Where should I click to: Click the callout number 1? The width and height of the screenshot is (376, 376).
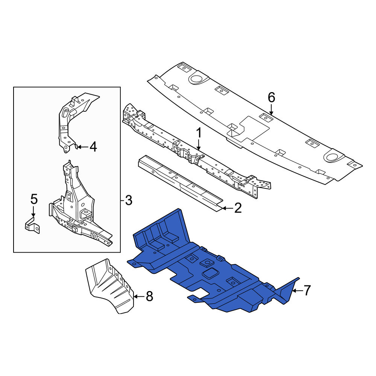click(x=199, y=133)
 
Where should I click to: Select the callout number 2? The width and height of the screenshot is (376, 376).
click(x=238, y=208)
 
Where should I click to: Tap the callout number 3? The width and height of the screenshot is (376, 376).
click(x=129, y=200)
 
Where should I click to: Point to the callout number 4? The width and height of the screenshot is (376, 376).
click(x=93, y=147)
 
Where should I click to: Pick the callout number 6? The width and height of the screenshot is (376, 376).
click(x=271, y=98)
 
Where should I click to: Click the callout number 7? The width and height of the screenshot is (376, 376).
click(x=307, y=290)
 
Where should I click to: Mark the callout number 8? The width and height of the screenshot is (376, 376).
click(x=149, y=296)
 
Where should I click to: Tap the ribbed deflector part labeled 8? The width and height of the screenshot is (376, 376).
click(x=110, y=285)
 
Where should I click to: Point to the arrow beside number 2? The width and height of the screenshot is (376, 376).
click(x=227, y=208)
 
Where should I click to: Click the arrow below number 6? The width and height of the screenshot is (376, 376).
click(x=271, y=109)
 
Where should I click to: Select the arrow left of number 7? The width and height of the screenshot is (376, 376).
click(x=297, y=291)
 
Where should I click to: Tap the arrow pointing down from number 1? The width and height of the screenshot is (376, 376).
click(x=199, y=145)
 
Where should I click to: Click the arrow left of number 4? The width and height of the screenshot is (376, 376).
click(x=83, y=147)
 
